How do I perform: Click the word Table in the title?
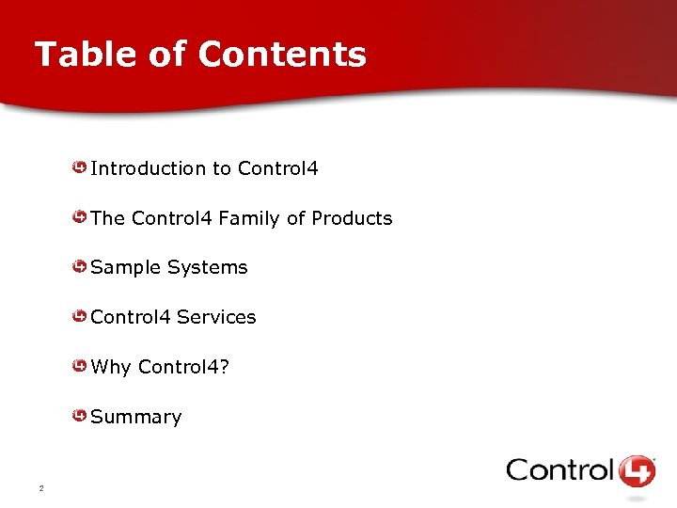(83, 55)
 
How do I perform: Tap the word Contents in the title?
(282, 55)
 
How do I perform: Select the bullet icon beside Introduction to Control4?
(81, 168)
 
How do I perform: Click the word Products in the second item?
(352, 218)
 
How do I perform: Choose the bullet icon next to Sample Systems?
(81, 267)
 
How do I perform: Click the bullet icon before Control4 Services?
(81, 317)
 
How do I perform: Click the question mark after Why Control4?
(224, 367)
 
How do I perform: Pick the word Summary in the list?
(136, 417)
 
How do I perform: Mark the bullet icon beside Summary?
(81, 416)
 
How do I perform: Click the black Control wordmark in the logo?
(559, 469)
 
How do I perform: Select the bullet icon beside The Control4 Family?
(81, 218)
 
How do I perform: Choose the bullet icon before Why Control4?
(81, 367)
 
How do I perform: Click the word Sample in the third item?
(126, 268)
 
